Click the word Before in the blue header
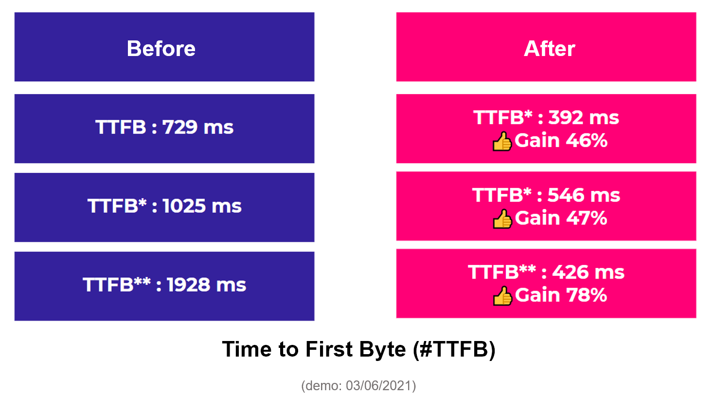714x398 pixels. click(x=161, y=49)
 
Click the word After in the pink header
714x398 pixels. click(x=550, y=49)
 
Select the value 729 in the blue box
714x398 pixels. click(x=180, y=127)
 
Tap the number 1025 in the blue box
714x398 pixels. click(x=184, y=206)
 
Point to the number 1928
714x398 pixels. click(x=189, y=284)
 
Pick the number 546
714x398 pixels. click(x=566, y=195)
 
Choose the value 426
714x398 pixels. click(x=570, y=272)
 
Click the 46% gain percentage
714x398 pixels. click(x=587, y=140)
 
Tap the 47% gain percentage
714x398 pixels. click(x=587, y=218)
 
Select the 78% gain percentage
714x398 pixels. click(x=587, y=295)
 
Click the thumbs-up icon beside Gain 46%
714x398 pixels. click(x=502, y=141)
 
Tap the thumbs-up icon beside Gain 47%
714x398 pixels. click(x=502, y=219)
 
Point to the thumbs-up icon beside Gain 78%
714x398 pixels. click(x=502, y=296)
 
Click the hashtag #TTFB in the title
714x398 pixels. click(x=454, y=349)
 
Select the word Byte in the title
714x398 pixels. click(x=382, y=350)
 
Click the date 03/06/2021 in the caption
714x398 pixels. click(x=379, y=385)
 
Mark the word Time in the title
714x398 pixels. click(x=247, y=349)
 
